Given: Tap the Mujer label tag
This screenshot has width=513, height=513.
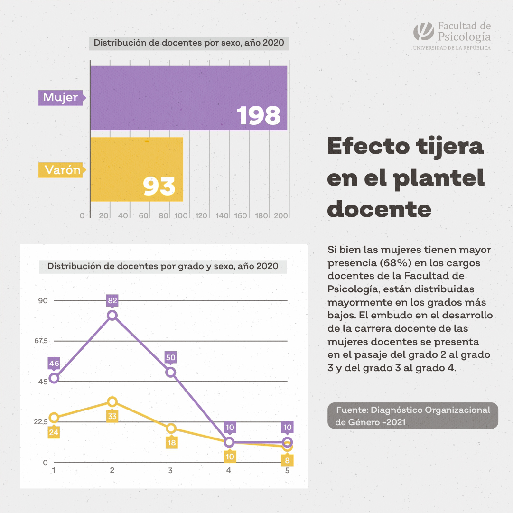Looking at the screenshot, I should (x=61, y=98).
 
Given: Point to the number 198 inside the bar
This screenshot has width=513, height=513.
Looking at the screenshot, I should (x=259, y=115).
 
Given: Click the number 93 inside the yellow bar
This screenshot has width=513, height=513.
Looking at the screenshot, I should (x=159, y=187).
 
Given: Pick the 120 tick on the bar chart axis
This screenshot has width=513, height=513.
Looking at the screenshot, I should (x=202, y=215).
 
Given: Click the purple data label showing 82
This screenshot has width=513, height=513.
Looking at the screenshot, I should (x=112, y=300).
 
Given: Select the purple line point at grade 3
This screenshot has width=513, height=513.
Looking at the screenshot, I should (x=170, y=372).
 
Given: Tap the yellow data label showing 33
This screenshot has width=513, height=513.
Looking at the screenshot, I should (x=112, y=416).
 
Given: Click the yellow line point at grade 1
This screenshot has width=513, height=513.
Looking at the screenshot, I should (x=54, y=418).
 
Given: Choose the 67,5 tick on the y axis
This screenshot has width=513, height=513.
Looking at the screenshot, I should (x=41, y=341).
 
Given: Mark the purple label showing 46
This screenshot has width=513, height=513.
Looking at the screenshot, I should (x=54, y=364).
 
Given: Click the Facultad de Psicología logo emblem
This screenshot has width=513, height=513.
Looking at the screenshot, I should (x=423, y=32).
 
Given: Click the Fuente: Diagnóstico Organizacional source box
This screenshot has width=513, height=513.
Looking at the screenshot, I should (x=412, y=416).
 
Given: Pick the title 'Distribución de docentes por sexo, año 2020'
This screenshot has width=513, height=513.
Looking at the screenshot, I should (x=188, y=43).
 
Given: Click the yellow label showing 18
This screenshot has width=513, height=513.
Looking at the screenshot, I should (x=171, y=443).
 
